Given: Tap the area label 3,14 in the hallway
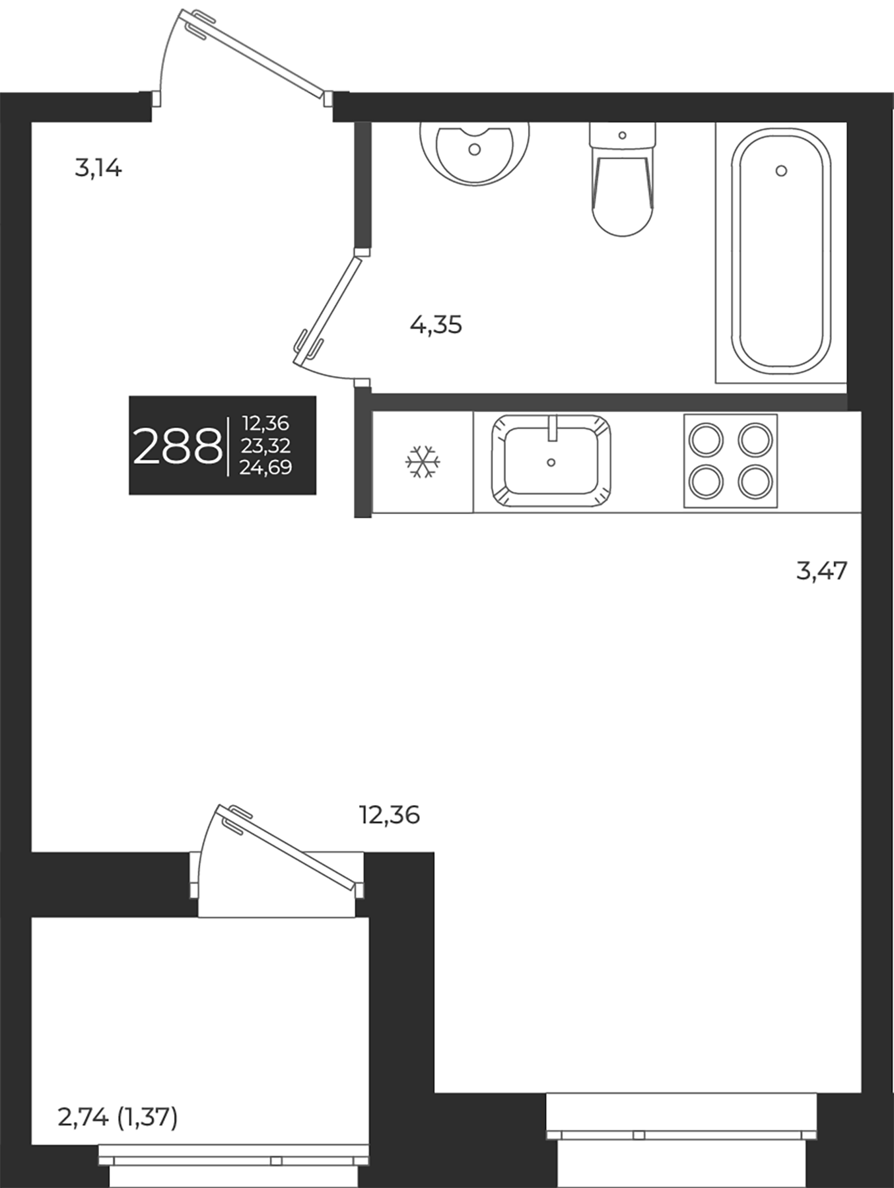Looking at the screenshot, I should (98, 169).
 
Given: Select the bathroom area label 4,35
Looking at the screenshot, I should (436, 325).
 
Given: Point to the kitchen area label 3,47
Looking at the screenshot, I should (821, 570).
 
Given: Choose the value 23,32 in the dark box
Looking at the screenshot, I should (266, 445).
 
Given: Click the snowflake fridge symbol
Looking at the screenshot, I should (423, 461).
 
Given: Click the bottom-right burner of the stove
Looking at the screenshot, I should (755, 482).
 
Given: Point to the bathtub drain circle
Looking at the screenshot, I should (781, 171).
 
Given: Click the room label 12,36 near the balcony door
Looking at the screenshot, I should (390, 816).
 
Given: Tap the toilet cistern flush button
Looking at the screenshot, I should (623, 135).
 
